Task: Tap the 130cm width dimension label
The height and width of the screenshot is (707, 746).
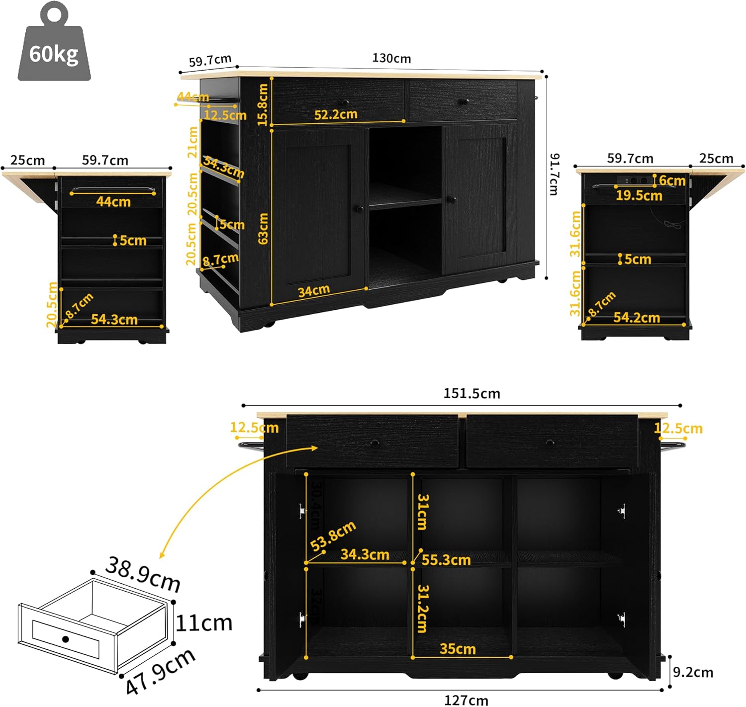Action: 391,58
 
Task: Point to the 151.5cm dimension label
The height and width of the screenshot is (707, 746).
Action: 471,394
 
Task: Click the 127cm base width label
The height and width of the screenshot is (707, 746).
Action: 466,700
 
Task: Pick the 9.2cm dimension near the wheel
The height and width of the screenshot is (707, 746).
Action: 693,672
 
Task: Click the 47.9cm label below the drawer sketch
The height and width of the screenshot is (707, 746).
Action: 160,672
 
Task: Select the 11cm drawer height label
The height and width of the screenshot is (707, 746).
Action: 204,623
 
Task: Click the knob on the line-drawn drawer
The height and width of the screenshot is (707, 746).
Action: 65,639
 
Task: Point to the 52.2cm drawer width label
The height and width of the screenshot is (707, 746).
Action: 336,114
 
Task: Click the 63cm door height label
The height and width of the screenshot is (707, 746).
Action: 263,228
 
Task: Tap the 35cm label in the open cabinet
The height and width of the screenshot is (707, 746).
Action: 458,649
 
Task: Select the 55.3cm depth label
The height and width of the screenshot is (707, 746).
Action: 446,560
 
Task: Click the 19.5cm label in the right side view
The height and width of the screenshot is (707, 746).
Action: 639,195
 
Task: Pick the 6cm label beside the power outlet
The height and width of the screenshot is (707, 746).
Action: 672,180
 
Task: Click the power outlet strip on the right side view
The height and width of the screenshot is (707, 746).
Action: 634,180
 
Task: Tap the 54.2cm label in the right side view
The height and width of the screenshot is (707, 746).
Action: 636,317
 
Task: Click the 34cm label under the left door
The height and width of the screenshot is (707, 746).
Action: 313,291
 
